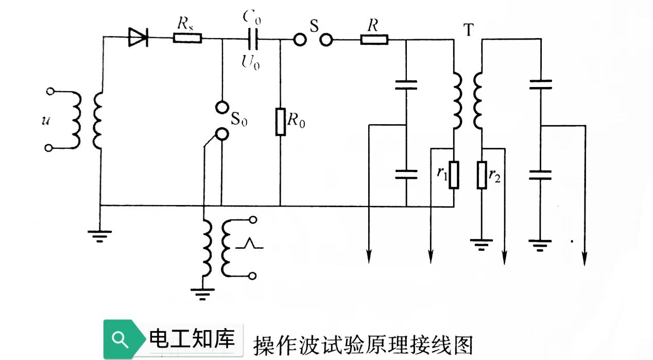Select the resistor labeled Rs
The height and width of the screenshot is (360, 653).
pos(187,38)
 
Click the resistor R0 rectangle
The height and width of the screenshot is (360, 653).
pos(281,122)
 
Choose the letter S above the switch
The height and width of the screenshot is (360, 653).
pos(313,24)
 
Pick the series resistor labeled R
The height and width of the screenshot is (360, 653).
pos(374,39)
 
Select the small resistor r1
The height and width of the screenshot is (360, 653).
pos(453,175)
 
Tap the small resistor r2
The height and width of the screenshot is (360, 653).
pos(482,175)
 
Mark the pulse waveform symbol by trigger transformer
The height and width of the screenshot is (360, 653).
pos(249,243)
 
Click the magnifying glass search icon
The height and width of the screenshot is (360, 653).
pos(119,339)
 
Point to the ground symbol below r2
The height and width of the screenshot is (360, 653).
pos(481,243)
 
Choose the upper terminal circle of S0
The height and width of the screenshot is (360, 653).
pos(221,107)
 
